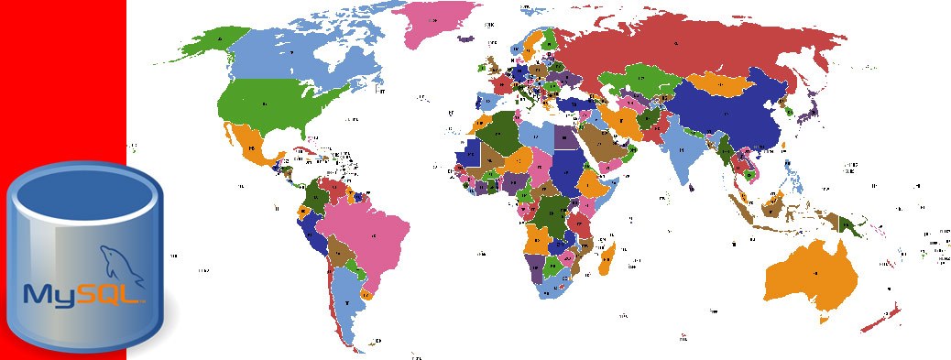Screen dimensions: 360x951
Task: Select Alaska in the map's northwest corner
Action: tap(216, 41)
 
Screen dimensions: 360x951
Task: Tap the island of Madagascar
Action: tap(606, 257)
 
